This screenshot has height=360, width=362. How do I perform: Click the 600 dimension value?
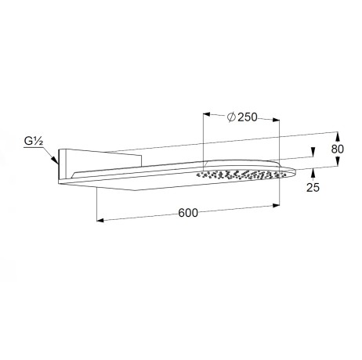pyautogui.click(x=188, y=213)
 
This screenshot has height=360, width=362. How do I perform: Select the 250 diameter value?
pyautogui.click(x=248, y=117)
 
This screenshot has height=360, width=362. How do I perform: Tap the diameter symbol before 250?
pyautogui.click(x=232, y=117)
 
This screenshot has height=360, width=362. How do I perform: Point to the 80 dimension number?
pyautogui.click(x=338, y=149)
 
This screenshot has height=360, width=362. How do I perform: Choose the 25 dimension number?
pyautogui.click(x=313, y=187)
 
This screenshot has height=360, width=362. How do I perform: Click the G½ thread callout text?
pyautogui.click(x=34, y=141)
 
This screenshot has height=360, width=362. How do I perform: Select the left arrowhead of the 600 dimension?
pyautogui.click(x=100, y=221)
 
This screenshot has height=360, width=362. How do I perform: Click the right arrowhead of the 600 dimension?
pyautogui.click(x=276, y=206)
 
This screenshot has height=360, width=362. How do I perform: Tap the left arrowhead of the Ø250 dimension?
pyautogui.click(x=207, y=114)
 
